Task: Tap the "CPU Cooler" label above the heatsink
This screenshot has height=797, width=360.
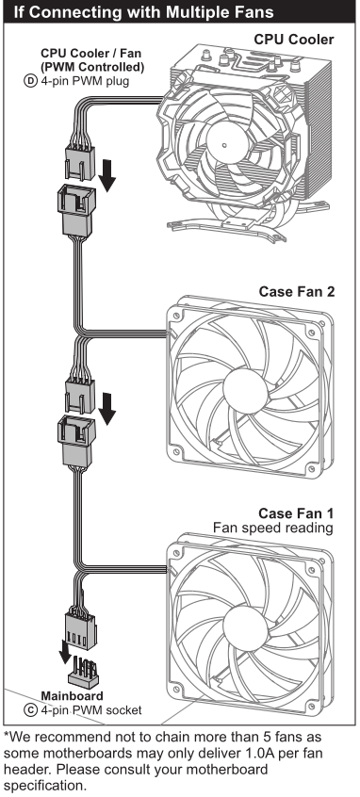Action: [x=294, y=40]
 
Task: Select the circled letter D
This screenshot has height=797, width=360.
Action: [x=30, y=80]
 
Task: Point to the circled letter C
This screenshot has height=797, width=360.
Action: [x=30, y=709]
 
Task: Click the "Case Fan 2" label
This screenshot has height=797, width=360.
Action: [x=297, y=292]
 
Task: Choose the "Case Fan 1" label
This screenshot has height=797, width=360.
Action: [x=297, y=512]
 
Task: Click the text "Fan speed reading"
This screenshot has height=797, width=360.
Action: [x=273, y=529]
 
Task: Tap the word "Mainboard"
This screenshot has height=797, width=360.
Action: [x=72, y=696]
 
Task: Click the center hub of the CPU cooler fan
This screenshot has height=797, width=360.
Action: [x=224, y=146]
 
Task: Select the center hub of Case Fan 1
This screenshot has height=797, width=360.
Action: [x=245, y=630]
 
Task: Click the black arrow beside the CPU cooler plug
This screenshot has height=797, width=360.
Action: [x=107, y=176]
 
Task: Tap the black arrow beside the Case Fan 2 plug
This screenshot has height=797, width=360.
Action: [x=107, y=409]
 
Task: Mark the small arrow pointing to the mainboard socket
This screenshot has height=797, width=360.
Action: [x=65, y=652]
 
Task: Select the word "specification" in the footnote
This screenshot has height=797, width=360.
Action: [x=43, y=786]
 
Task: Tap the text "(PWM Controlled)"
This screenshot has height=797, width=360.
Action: [x=93, y=67]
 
